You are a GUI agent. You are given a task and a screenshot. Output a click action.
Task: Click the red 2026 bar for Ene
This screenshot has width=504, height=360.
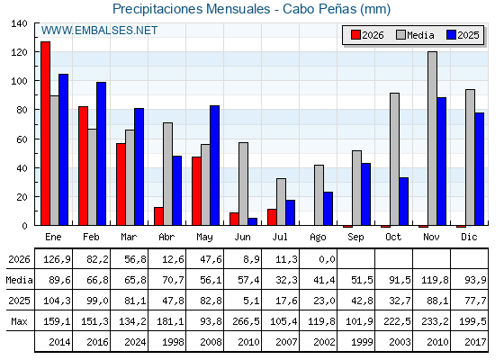(45, 133)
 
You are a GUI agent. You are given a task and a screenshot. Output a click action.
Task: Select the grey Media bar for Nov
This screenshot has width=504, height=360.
(432, 139)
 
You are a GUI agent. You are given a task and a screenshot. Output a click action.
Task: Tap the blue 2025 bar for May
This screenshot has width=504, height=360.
(214, 166)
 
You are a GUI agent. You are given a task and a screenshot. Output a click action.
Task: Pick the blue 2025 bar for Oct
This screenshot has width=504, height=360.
(404, 202)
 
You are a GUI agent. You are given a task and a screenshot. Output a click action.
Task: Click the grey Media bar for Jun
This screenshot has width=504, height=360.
(243, 184)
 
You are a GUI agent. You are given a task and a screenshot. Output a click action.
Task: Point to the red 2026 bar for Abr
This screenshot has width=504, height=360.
(158, 216)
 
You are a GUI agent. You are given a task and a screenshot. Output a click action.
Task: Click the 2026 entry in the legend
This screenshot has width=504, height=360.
(367, 35)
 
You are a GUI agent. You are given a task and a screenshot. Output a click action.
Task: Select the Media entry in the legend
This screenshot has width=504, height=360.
(415, 35)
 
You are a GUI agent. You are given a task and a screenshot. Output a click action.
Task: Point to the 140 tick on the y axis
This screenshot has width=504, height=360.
(19, 23)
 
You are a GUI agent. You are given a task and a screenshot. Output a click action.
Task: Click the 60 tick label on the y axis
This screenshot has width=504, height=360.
(22, 139)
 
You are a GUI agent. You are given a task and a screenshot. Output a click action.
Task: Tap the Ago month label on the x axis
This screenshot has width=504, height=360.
(318, 238)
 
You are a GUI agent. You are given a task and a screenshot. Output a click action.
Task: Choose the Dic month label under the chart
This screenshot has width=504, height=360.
(469, 237)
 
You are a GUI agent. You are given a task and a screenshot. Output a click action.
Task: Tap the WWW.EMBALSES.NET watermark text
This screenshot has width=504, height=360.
(99, 31)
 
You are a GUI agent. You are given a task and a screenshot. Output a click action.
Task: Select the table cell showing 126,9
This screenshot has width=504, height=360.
(57, 259)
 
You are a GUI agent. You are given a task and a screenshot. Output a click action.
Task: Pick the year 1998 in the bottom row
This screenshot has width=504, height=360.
(173, 342)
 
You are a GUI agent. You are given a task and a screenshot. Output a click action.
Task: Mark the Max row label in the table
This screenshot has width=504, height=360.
(19, 321)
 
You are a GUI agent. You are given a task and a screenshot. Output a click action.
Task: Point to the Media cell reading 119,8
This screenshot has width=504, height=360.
(435, 280)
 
